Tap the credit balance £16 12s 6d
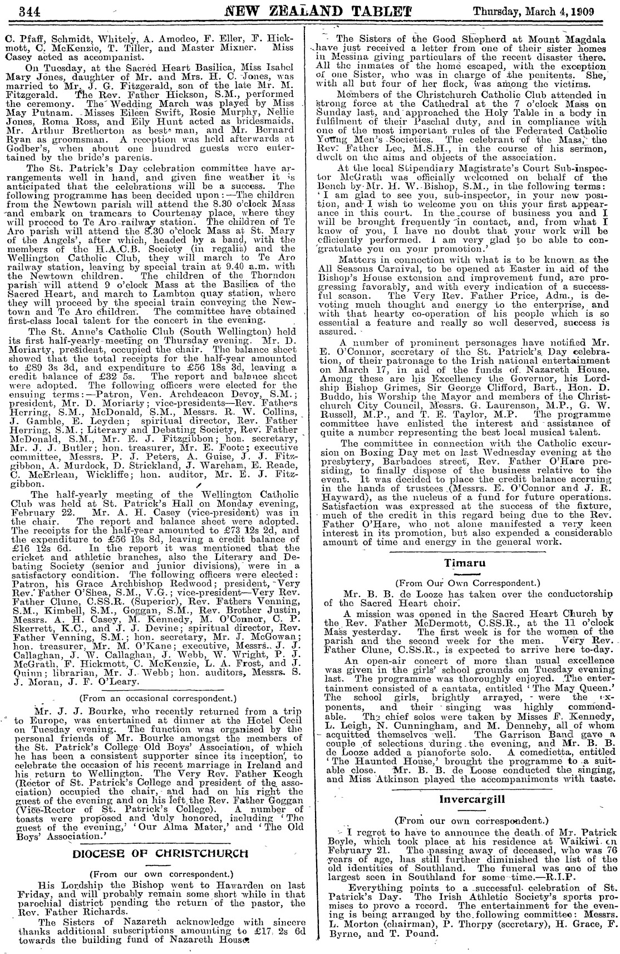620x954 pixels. pos(41,548)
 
